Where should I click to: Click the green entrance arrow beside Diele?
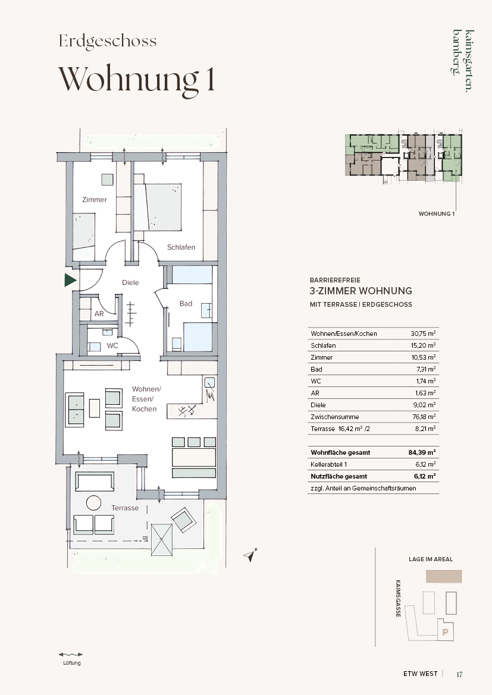point(70,280)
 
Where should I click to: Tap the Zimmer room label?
point(95,199)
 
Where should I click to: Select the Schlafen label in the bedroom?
point(181,247)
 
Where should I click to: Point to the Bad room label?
point(186,304)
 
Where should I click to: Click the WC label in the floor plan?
point(112,345)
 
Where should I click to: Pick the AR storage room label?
point(99,313)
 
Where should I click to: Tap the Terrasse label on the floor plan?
point(125,508)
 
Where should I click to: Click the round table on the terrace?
point(93,502)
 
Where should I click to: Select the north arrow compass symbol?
point(250,555)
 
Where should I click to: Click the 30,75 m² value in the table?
point(423,334)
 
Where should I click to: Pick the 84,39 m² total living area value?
point(422,452)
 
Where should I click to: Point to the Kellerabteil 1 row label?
point(329,464)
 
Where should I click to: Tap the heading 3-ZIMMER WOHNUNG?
point(361,291)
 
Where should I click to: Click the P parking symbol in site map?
point(446,633)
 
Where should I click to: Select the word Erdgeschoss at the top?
point(108,41)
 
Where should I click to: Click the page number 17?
point(459,674)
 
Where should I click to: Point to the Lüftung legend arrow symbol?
point(71,654)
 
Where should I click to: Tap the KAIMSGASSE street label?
point(399,598)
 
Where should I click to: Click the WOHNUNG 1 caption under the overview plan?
point(437,213)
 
